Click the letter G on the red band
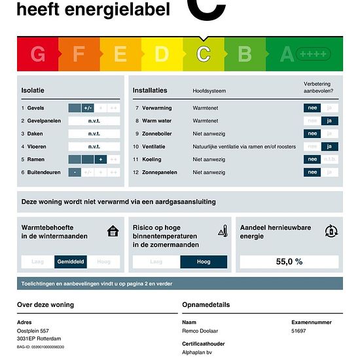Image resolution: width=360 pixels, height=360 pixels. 38,54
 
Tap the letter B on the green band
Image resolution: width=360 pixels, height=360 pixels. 245,54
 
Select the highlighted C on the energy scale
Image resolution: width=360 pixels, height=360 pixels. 204,54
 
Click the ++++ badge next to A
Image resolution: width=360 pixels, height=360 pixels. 314,54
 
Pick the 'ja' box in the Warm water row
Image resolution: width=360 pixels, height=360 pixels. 329,121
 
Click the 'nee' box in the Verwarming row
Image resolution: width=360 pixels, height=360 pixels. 313,108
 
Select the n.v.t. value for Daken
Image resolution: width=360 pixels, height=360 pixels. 94,134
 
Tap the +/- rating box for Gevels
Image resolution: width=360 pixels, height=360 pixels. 88,108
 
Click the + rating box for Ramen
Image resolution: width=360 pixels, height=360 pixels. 101,159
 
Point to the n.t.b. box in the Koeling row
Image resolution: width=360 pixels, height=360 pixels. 329,159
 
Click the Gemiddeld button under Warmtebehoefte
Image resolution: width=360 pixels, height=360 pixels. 71,262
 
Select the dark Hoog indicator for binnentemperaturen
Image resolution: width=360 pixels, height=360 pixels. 204,262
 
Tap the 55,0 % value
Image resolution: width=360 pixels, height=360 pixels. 289,262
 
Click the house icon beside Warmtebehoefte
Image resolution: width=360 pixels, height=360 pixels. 113,230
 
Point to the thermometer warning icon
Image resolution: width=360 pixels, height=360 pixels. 223,230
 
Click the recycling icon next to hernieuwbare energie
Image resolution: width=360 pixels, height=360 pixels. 331,230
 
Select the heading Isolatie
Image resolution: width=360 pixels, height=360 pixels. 33,90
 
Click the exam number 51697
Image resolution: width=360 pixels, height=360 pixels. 298,331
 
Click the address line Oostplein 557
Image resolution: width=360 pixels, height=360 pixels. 33,331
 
